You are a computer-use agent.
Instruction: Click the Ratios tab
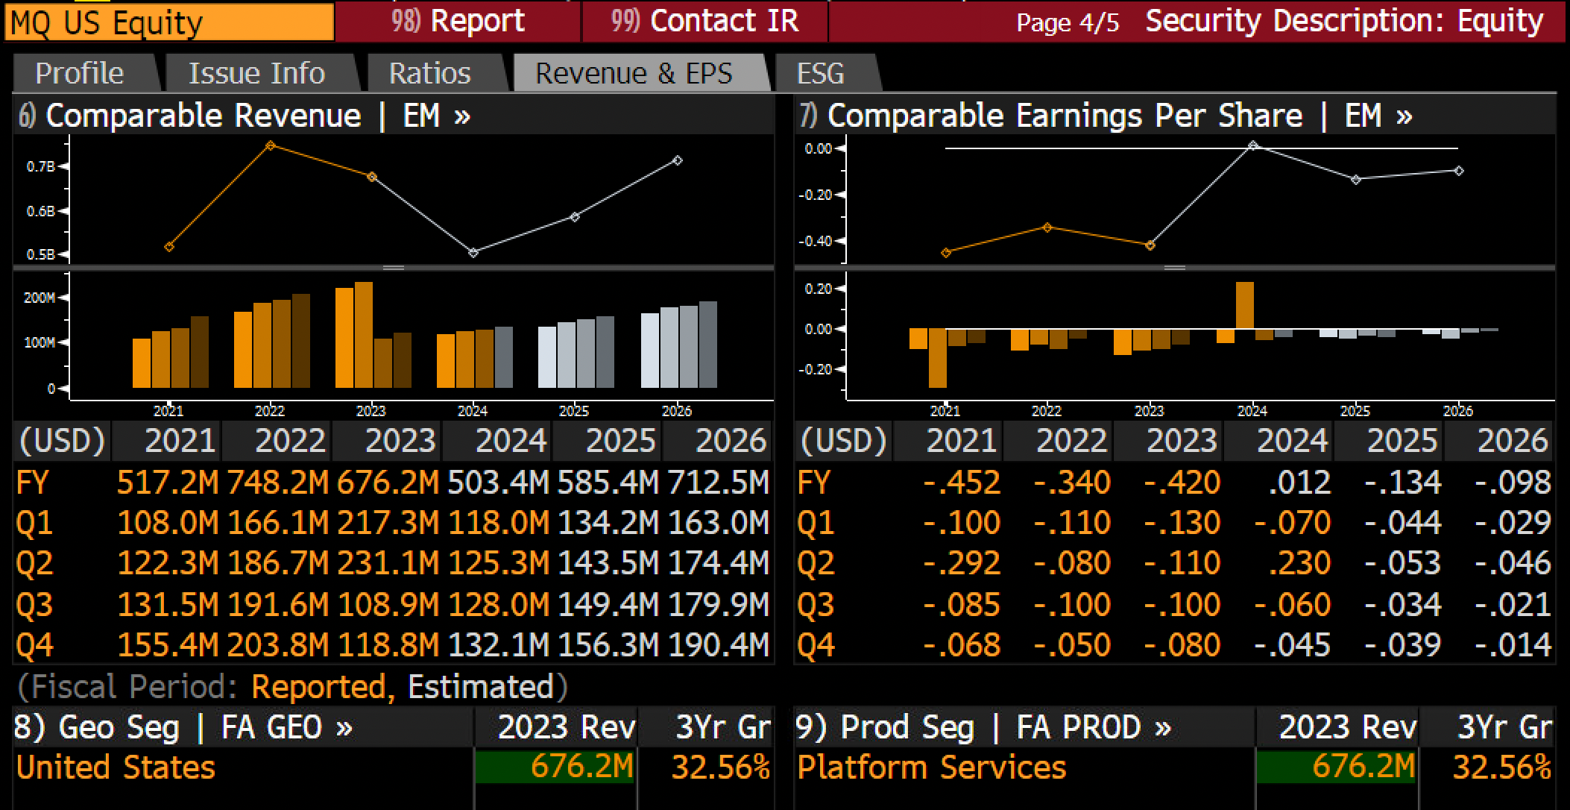click(430, 73)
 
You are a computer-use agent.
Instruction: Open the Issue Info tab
click(256, 73)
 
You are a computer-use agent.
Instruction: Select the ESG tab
click(821, 73)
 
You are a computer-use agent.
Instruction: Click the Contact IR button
click(704, 21)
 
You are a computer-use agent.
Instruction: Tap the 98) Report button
click(458, 21)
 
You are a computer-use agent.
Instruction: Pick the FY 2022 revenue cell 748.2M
click(277, 483)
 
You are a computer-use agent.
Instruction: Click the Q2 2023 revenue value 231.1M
click(388, 563)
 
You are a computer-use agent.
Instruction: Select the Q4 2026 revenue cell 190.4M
click(719, 645)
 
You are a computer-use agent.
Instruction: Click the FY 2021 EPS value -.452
click(962, 483)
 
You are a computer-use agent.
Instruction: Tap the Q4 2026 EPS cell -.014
click(1513, 645)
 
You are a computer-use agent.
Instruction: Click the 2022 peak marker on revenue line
click(271, 145)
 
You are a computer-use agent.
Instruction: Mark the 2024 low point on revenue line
click(473, 253)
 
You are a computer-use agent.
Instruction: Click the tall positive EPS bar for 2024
click(1245, 305)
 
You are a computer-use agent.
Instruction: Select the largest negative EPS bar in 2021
click(938, 358)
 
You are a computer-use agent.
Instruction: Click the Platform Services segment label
click(932, 767)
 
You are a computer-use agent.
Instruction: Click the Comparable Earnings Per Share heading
click(1065, 116)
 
